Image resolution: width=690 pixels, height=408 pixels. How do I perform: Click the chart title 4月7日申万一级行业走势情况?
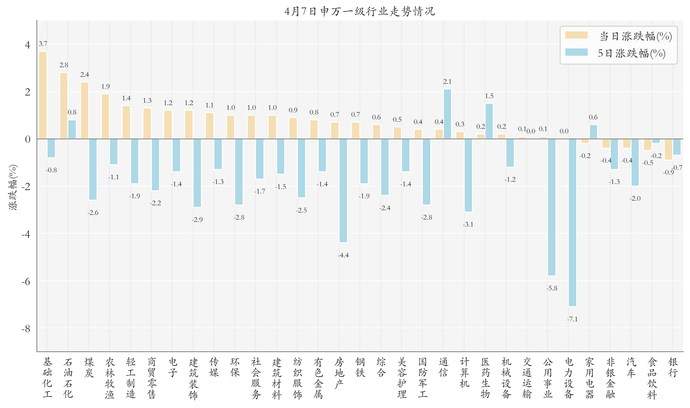[x=360, y=11]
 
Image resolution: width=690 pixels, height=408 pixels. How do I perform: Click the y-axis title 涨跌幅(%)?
[x=13, y=187]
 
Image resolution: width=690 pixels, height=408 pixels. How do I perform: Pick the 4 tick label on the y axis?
[x=27, y=45]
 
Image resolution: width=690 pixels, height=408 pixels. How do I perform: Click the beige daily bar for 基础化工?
[x=43, y=95]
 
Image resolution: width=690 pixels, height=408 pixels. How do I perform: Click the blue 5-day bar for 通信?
[x=447, y=114]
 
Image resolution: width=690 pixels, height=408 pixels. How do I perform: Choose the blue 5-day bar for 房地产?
[x=343, y=191]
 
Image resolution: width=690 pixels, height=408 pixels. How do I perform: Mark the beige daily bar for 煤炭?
[x=85, y=110]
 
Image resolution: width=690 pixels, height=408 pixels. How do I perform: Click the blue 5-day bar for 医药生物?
[x=489, y=121]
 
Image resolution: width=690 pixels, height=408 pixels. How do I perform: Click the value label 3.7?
[x=43, y=44]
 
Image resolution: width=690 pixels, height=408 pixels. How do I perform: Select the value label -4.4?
[x=343, y=255]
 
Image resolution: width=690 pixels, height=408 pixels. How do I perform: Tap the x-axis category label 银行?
[x=673, y=368]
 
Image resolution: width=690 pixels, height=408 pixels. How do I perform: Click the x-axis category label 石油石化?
[x=68, y=378]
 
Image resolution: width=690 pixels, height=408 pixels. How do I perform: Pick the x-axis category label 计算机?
[x=464, y=373]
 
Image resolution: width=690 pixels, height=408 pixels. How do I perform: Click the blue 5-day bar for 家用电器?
[x=593, y=132]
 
